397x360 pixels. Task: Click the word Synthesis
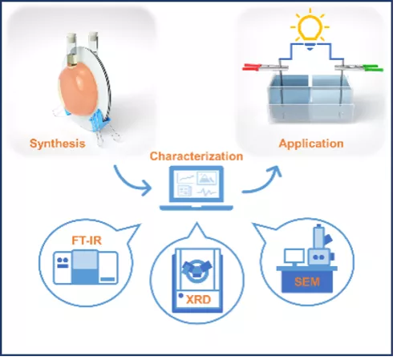coord(57,144)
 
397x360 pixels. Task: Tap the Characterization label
coord(196,156)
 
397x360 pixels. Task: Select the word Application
coord(311,144)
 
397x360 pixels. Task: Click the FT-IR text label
coord(87,241)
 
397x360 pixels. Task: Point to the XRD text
coord(198,300)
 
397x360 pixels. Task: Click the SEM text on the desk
coord(307,282)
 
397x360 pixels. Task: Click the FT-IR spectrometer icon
coord(86,267)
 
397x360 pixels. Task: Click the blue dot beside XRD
coord(181,296)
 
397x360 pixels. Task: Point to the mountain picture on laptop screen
coord(207,178)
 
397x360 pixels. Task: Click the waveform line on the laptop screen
coord(206,192)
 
